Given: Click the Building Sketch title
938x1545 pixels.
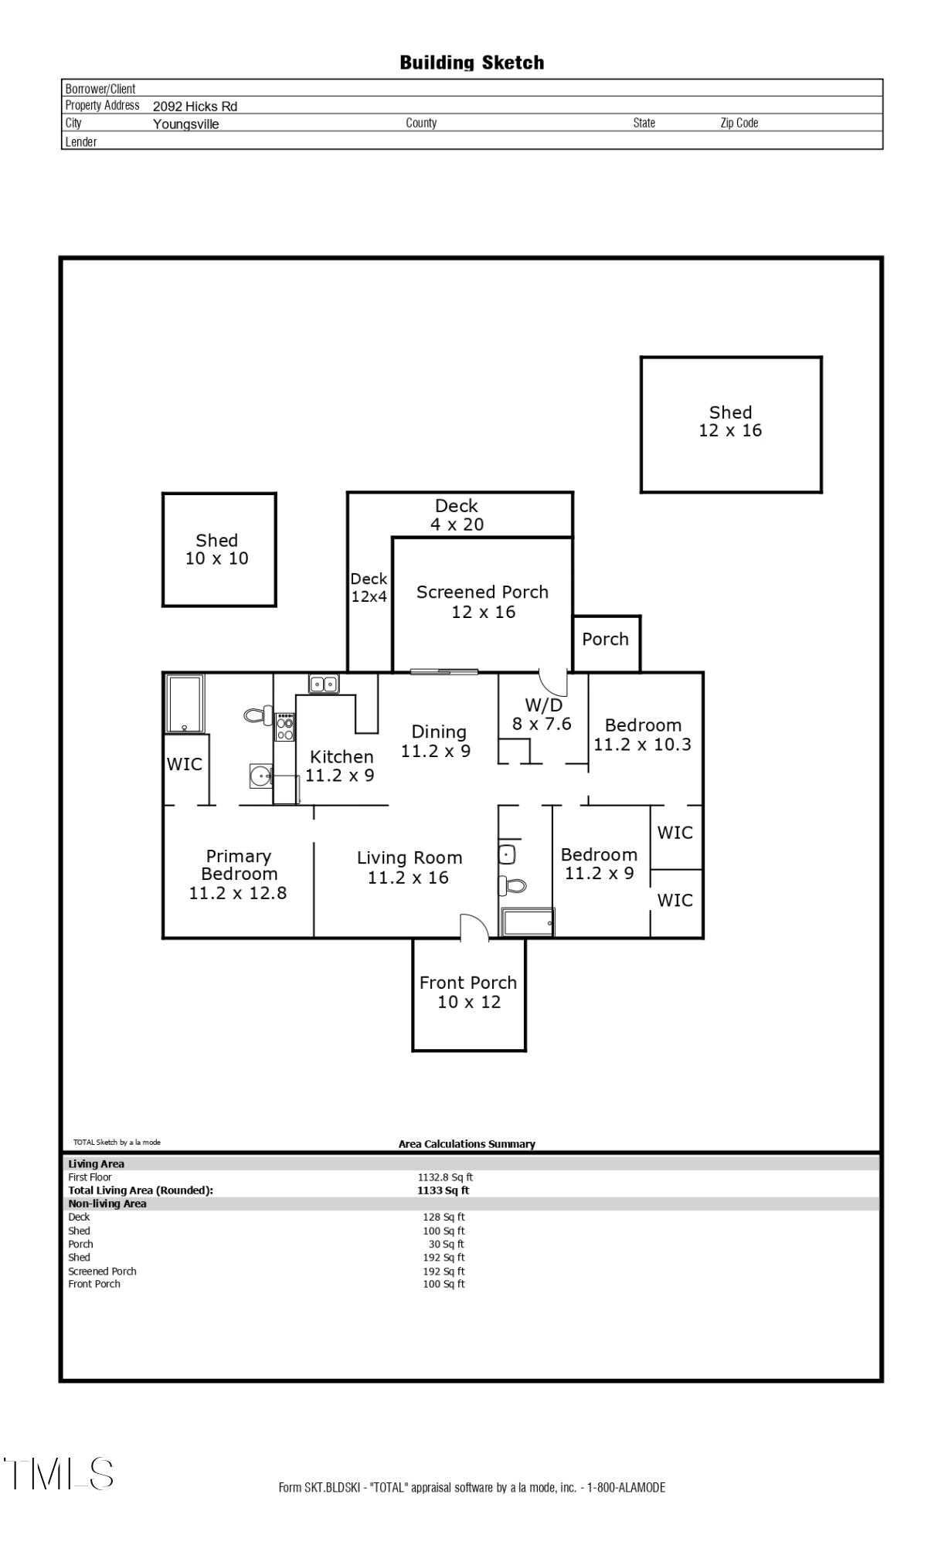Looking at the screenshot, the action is [471, 63].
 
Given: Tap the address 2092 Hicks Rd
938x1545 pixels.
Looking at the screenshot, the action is [195, 107].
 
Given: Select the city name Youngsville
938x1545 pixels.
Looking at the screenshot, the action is [185, 124].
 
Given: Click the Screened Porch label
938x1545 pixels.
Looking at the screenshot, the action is [483, 602].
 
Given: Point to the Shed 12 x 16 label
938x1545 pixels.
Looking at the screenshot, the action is [730, 422].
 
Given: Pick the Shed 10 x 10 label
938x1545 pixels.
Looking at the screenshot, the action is [217, 549].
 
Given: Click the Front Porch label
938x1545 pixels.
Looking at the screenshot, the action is [468, 993].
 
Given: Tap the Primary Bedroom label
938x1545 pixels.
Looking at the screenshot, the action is [238, 874].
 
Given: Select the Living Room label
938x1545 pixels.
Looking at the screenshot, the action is [410, 868].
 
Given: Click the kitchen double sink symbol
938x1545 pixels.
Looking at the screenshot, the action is [324, 684].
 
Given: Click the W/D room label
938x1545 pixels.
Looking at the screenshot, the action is [542, 715].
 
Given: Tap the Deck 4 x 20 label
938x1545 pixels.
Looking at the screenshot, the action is [457, 515].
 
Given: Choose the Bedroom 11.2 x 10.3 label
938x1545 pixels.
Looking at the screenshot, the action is [643, 735].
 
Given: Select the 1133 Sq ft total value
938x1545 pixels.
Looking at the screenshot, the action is [443, 1190].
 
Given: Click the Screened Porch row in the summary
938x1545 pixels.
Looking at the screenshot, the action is [102, 1271].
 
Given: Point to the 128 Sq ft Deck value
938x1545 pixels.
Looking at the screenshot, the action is [444, 1217].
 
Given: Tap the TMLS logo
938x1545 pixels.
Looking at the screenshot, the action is [59, 1474].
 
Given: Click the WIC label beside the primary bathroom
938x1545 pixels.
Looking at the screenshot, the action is [185, 764].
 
